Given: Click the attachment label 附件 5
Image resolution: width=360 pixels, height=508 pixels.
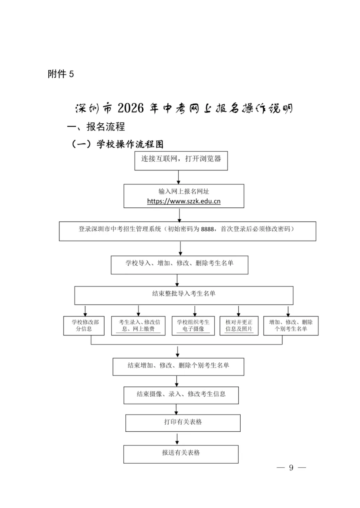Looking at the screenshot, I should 61,74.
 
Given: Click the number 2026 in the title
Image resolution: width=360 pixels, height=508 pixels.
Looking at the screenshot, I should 131,108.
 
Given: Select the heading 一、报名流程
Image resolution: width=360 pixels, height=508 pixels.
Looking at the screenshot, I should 96,127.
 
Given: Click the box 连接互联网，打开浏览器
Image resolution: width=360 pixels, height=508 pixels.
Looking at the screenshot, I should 181,159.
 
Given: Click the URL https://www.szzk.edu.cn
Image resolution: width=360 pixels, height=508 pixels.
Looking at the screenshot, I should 184,202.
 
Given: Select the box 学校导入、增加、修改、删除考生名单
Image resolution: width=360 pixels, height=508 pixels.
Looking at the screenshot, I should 180,264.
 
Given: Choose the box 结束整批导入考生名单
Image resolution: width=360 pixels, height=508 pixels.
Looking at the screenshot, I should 184,294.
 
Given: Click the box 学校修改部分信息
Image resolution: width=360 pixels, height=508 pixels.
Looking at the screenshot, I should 84,326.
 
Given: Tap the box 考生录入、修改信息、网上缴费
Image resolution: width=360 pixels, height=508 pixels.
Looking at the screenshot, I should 138,326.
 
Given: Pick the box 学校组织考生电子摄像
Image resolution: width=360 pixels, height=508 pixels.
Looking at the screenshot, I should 193,326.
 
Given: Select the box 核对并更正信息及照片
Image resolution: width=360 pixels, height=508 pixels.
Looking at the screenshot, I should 239,326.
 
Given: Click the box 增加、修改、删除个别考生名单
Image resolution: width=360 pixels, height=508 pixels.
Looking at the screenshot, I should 291,326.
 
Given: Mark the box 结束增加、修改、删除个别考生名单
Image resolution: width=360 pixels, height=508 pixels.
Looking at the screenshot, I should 178,366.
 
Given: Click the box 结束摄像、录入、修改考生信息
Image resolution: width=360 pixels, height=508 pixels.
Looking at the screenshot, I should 181,394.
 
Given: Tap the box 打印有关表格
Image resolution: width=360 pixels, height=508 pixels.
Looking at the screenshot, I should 183,422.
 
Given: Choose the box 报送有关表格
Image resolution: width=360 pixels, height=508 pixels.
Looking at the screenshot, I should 181,453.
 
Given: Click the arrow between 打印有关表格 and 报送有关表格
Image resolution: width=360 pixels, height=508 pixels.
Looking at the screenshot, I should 177,438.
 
